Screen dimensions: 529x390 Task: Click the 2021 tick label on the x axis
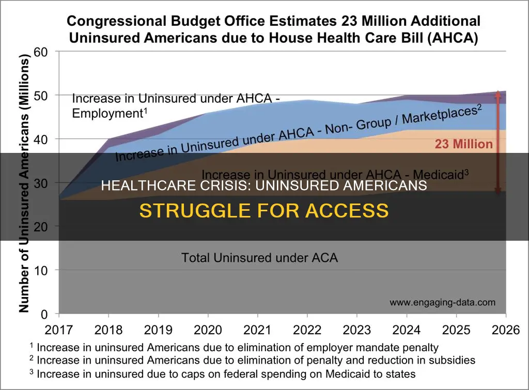(257, 330)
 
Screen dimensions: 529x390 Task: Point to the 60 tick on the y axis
(40, 52)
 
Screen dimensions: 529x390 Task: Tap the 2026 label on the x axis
(506, 330)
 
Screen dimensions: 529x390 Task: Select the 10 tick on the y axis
(40, 270)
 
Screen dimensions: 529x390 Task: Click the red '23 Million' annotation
(463, 144)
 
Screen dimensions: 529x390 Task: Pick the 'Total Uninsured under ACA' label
(259, 258)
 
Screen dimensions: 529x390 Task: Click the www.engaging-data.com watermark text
(443, 302)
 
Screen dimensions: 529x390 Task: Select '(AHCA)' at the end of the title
(452, 38)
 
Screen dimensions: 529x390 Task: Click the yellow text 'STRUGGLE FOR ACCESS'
(264, 211)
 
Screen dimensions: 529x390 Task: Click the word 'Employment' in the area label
(108, 113)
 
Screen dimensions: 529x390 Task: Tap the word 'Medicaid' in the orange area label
(438, 175)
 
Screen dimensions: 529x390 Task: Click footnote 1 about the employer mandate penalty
(234, 347)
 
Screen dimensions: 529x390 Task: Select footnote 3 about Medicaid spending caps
(223, 374)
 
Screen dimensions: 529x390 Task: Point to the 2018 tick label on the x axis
(108, 330)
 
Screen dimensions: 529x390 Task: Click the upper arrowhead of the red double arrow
(497, 94)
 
